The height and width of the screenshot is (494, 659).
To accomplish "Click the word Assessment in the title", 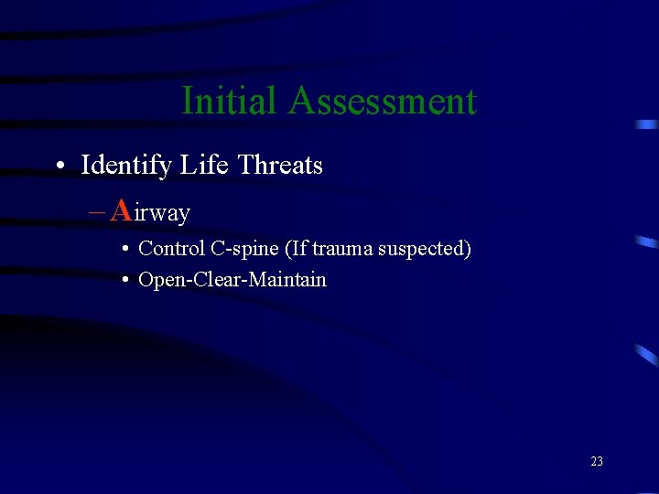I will click(382, 101).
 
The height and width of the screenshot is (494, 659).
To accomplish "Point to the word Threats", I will click(280, 166).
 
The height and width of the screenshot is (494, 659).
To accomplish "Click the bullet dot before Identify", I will click(59, 166).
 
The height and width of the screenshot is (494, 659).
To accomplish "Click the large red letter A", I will click(120, 210).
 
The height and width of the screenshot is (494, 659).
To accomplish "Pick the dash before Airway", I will click(97, 212).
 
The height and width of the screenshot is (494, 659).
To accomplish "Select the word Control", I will click(171, 249).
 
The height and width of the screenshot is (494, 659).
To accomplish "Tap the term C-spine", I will click(243, 249).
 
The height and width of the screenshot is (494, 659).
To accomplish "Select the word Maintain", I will click(286, 280).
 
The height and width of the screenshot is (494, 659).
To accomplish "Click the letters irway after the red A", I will click(162, 213).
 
